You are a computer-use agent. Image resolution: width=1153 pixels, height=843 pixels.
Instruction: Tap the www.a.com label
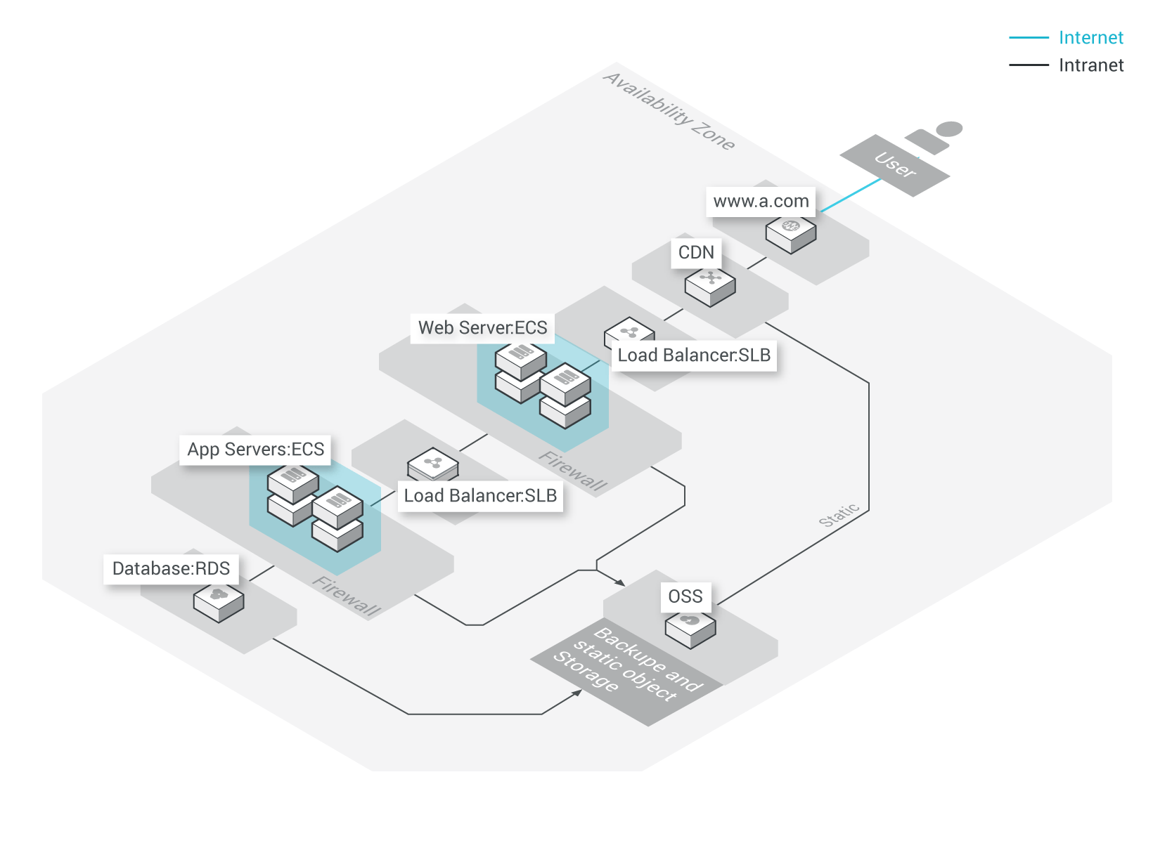761,202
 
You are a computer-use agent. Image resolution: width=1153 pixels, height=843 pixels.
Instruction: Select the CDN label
696,252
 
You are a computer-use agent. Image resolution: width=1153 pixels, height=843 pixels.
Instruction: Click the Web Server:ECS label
482,328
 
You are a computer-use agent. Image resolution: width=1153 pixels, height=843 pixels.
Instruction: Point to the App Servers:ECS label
256,450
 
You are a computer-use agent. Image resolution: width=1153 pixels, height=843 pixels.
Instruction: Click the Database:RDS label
171,568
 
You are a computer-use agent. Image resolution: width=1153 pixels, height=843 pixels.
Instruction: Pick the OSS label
685,596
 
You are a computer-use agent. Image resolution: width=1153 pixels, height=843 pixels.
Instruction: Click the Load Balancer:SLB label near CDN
694,355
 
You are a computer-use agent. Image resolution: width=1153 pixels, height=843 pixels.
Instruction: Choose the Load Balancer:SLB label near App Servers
480,496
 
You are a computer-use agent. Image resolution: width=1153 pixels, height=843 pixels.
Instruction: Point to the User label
895,165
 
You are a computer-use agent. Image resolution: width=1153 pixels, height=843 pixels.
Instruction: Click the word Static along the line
839,515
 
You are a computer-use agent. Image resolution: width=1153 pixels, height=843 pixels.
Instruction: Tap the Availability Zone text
669,111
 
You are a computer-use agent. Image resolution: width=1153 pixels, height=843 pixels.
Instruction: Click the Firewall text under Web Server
573,471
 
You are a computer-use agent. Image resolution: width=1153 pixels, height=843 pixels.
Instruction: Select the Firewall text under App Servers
347,596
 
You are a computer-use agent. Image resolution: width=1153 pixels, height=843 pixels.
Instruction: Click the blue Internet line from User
851,195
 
